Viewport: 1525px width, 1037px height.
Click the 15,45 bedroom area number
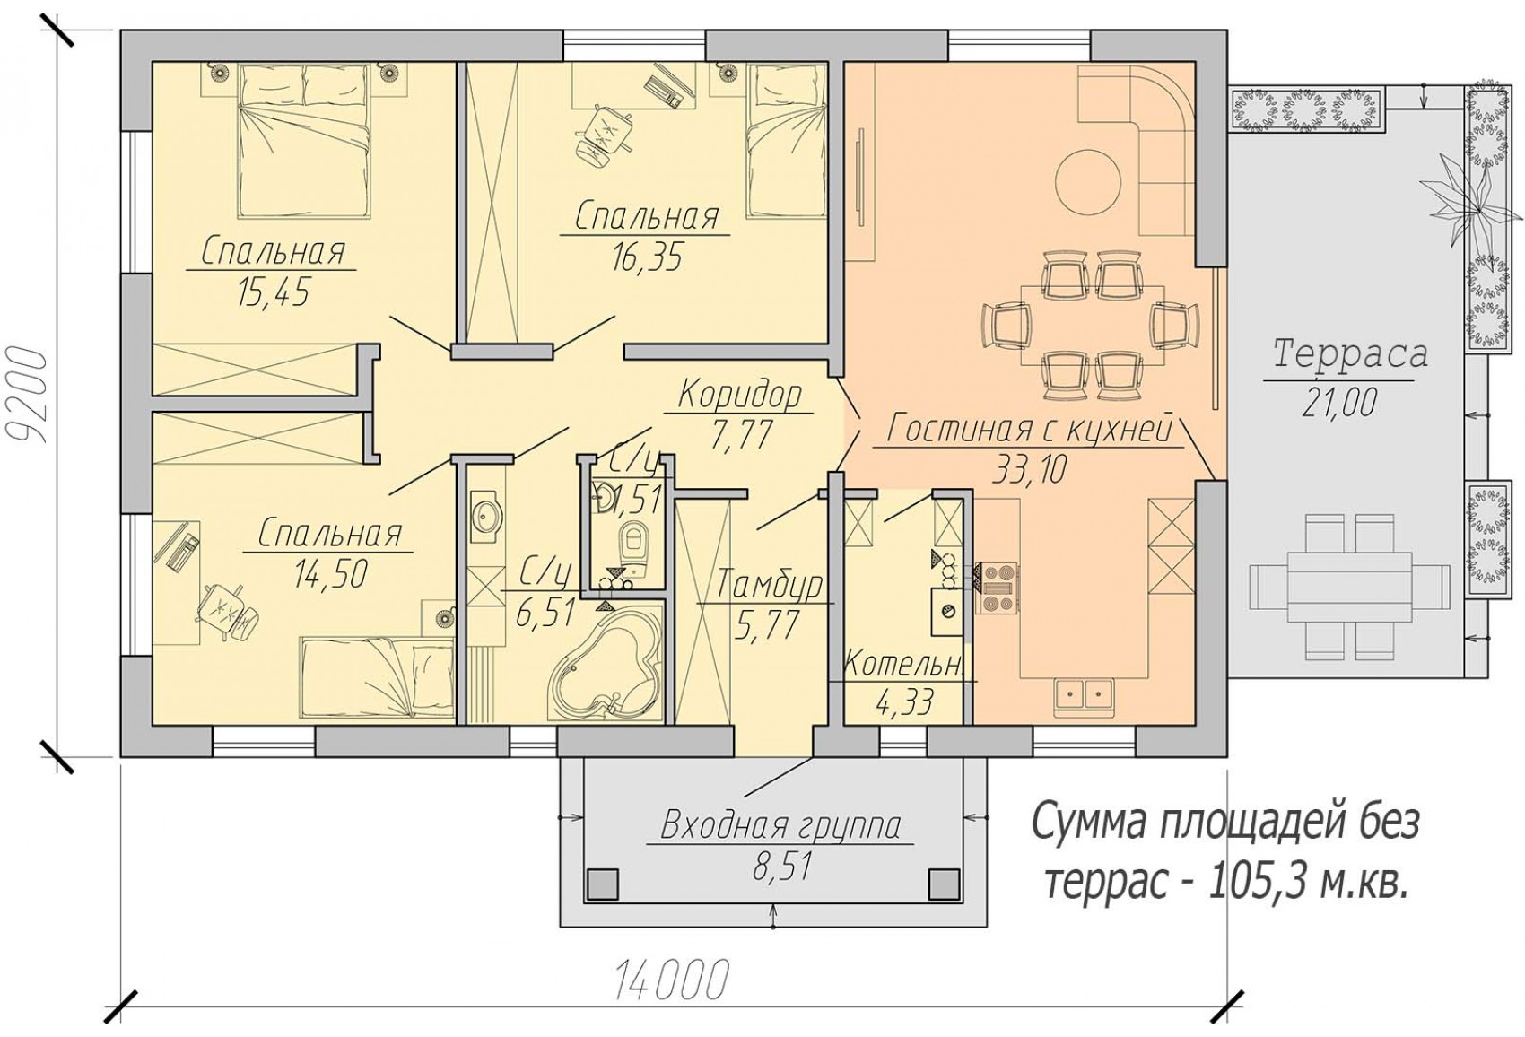pos(273,292)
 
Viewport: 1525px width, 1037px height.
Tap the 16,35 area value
pos(647,257)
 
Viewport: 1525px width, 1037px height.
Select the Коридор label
pos(741,395)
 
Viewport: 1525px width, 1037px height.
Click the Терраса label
pos(1350,354)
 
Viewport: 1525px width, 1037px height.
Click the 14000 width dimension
pos(672,979)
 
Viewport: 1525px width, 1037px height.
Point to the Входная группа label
pos(780,825)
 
